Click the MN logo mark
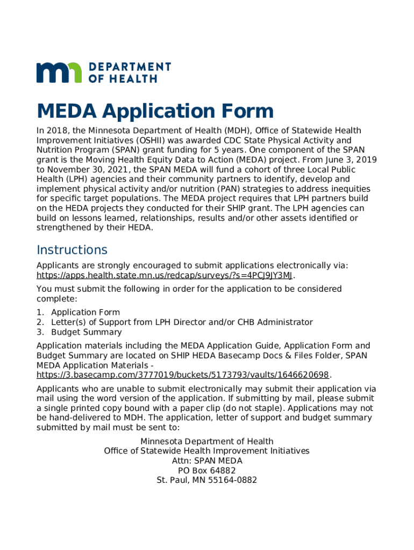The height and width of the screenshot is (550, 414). coord(59,73)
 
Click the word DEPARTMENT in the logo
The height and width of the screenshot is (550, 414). coord(130,67)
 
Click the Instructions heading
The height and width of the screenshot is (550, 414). coord(72,250)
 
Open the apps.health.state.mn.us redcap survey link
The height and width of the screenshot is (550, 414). coord(165,276)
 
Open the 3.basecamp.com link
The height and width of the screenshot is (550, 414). coord(182,375)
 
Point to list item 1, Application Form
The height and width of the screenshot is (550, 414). coord(85,313)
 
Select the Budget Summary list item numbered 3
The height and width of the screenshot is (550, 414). coord(86,332)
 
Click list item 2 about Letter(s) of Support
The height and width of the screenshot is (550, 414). coord(182,322)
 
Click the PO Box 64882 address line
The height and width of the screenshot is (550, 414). coord(207,471)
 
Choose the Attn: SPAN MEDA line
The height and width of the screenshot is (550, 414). coord(207,461)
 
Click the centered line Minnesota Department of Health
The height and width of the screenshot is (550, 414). coord(207,442)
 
